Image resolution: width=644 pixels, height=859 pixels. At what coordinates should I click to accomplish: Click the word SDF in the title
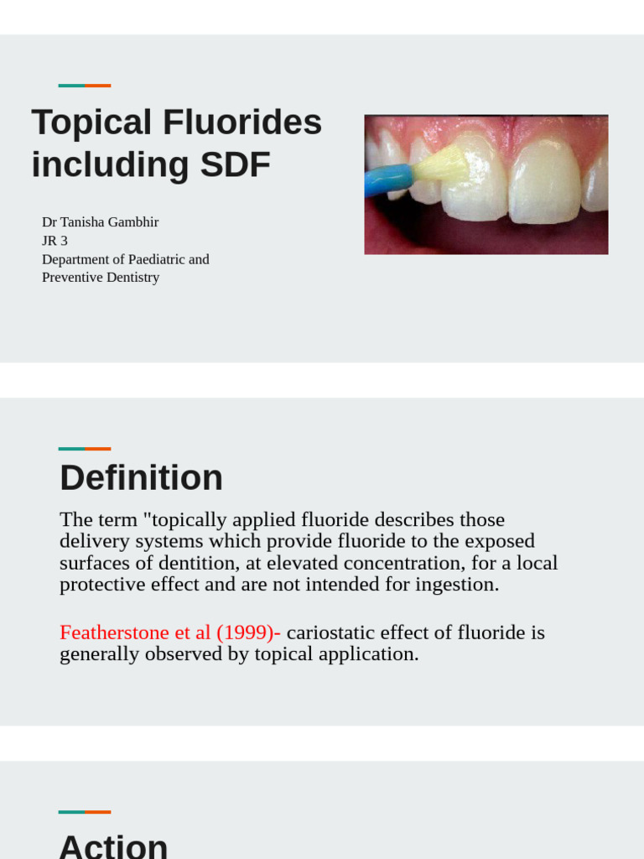(x=236, y=164)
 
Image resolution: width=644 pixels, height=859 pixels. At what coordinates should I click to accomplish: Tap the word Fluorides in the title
(x=242, y=122)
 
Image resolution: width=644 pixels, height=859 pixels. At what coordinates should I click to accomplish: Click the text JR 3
(x=55, y=241)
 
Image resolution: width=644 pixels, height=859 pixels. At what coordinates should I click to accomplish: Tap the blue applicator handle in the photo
(x=387, y=180)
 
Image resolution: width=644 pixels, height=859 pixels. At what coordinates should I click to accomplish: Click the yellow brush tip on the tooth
(x=439, y=164)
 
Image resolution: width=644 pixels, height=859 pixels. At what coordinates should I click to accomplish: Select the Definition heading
(x=141, y=478)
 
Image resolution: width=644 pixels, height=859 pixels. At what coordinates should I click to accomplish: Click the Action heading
(x=113, y=846)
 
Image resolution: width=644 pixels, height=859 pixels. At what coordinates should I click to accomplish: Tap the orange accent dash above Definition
(x=98, y=449)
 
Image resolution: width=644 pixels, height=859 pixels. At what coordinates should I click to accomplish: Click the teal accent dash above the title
(x=71, y=86)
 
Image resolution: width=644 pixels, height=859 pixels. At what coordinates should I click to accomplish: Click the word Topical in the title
(x=91, y=122)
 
